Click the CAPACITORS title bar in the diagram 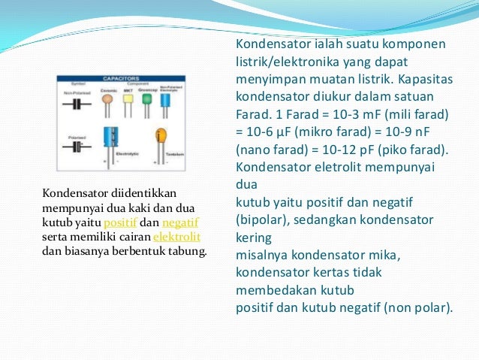click(x=122, y=77)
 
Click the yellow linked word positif click(x=119, y=222)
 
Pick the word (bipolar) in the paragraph click(x=263, y=220)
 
